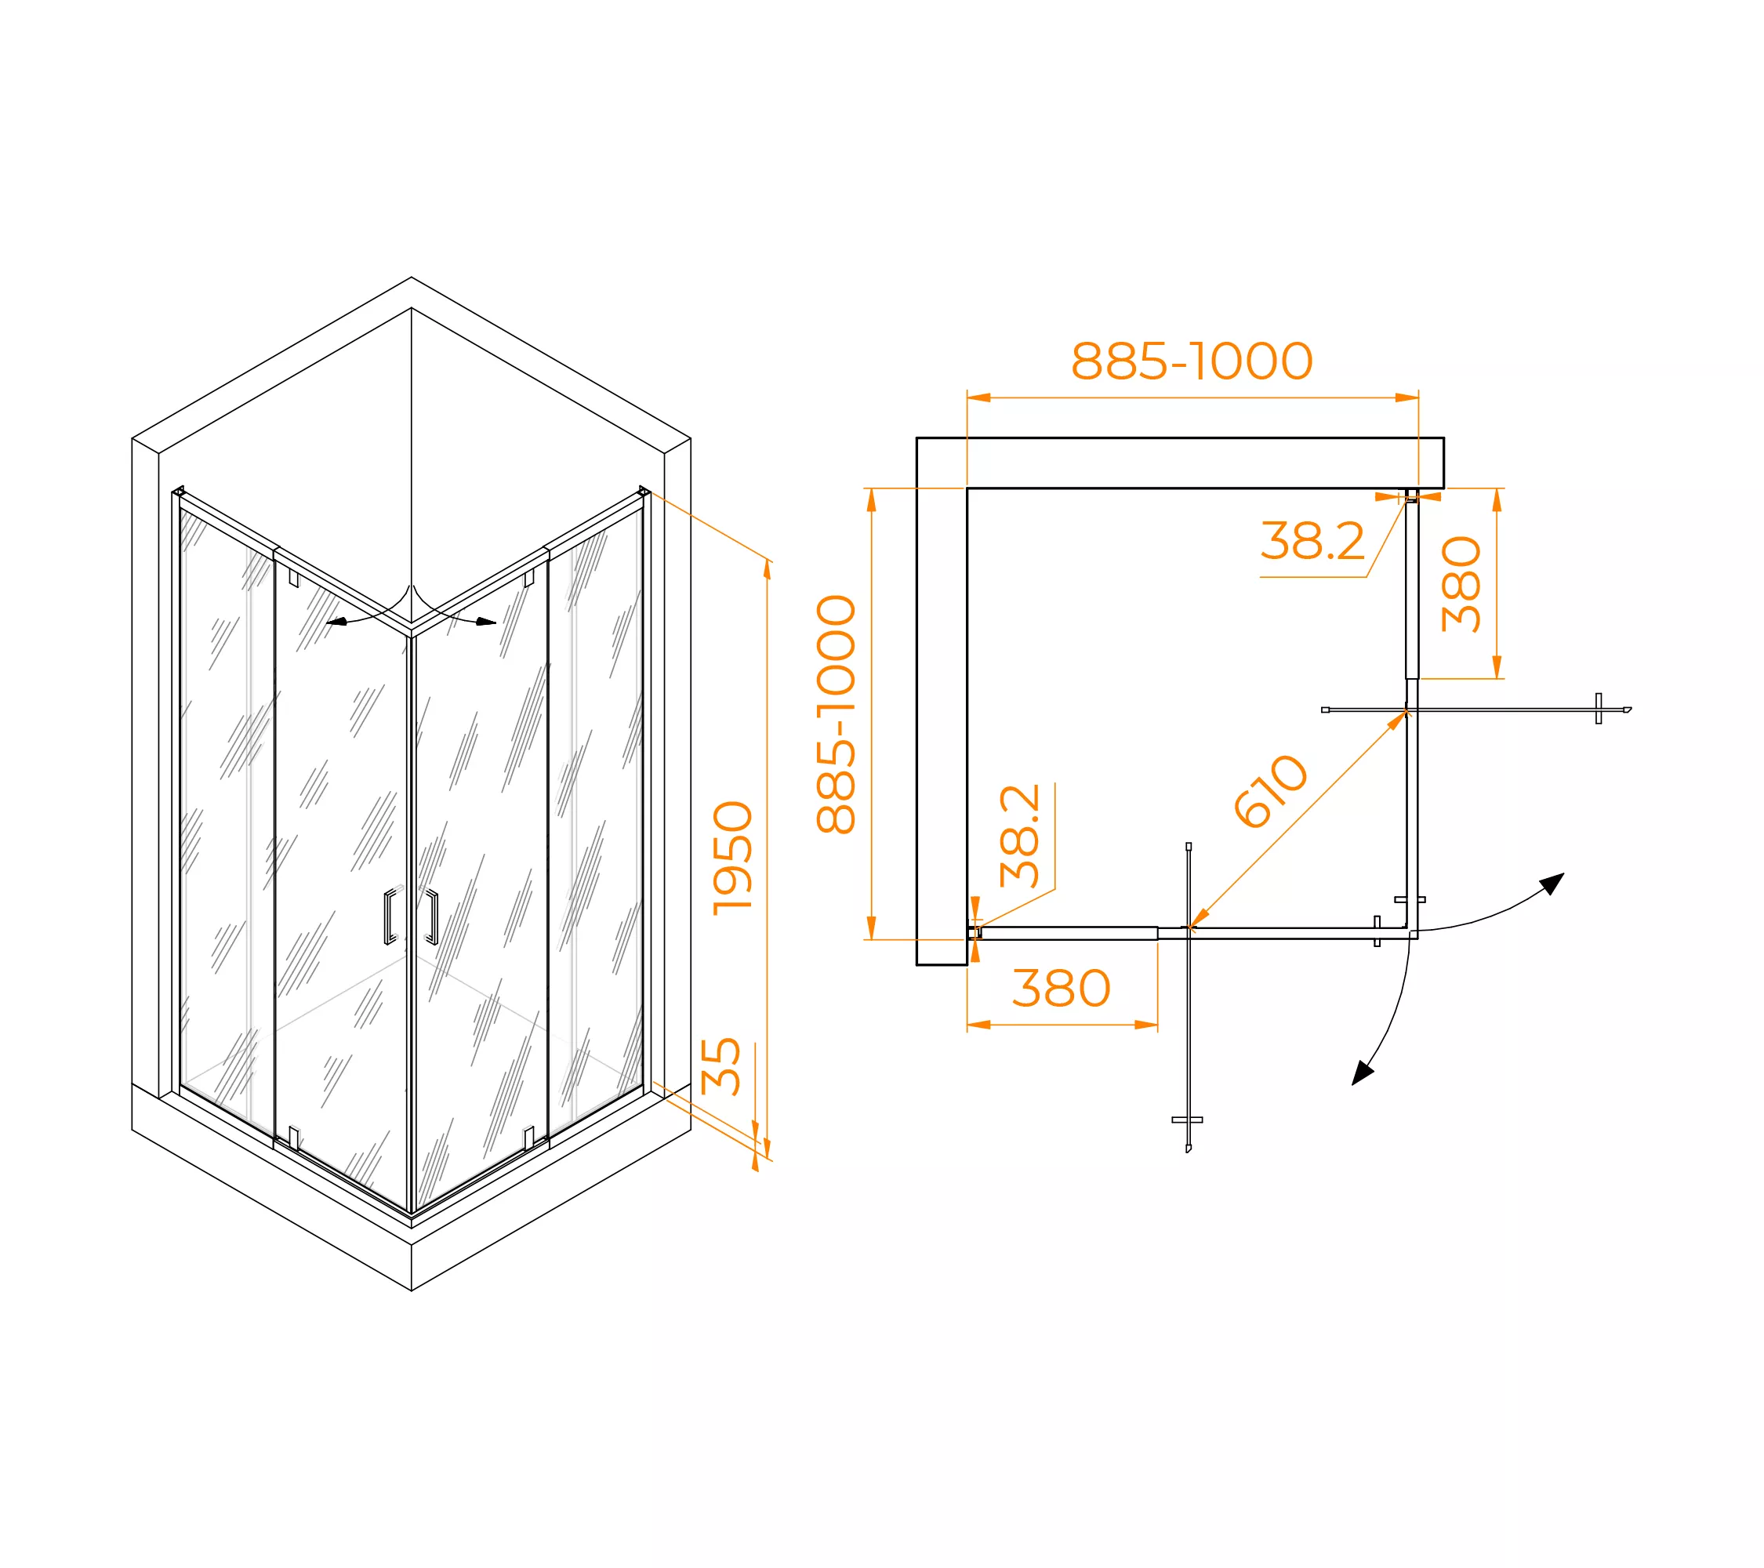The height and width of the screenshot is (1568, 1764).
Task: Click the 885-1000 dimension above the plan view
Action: [1191, 361]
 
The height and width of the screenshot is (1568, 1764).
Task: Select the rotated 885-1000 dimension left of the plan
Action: [836, 713]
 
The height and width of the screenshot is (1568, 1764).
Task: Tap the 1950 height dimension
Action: [733, 858]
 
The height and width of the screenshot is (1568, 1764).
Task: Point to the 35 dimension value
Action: [720, 1066]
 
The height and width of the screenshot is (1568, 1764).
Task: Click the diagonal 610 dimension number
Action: [1269, 789]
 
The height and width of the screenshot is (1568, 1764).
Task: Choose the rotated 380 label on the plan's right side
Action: [1461, 584]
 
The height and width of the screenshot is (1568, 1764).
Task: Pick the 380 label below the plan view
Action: [1061, 988]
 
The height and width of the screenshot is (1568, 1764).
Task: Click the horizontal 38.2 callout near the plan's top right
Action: [1312, 541]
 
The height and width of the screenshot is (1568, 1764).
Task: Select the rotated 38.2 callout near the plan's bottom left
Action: [1019, 835]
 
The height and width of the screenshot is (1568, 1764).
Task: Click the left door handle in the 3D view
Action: [391, 916]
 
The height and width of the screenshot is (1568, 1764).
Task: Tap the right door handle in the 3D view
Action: [431, 916]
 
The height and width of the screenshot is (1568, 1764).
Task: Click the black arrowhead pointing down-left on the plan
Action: [1361, 1073]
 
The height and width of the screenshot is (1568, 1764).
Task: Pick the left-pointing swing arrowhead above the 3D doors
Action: [336, 622]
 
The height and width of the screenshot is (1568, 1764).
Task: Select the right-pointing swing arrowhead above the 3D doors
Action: [486, 622]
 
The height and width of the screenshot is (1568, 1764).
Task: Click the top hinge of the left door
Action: [293, 577]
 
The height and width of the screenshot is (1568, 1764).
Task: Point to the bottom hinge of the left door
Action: [293, 1138]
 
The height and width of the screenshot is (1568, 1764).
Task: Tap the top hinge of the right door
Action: [529, 577]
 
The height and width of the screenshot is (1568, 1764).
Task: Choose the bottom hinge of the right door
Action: [529, 1138]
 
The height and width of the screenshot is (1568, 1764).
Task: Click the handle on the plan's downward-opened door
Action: [1188, 1120]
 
